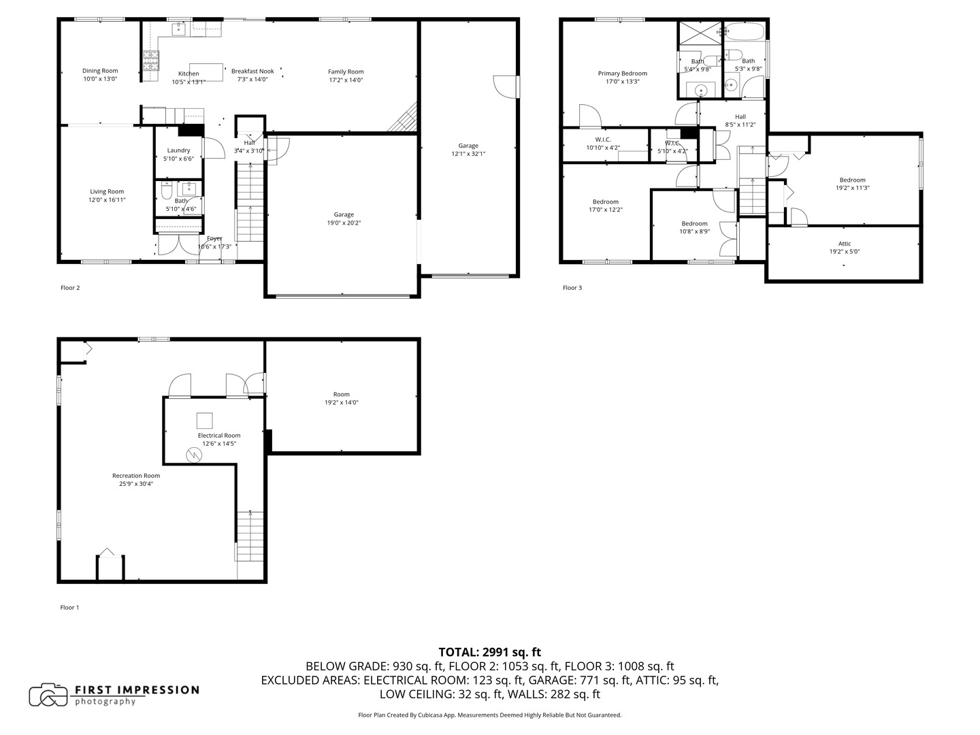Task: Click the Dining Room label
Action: (100, 71)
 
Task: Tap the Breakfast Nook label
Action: (252, 71)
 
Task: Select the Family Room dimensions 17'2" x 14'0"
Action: (346, 80)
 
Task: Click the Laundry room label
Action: (178, 150)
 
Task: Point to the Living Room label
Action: (107, 192)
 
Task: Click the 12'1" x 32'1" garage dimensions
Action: (468, 154)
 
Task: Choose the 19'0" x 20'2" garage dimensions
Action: (344, 223)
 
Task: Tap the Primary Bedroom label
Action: (622, 73)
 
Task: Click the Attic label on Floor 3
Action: (844, 244)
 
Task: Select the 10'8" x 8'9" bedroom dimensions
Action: (694, 231)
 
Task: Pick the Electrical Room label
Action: (219, 436)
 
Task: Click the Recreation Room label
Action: (136, 476)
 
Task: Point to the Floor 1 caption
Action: (69, 607)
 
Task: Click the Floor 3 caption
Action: (572, 288)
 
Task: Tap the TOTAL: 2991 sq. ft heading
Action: (489, 652)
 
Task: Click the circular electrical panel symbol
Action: (195, 455)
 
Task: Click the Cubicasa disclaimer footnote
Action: (489, 715)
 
